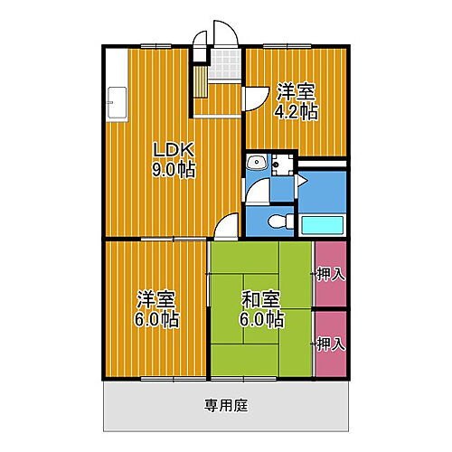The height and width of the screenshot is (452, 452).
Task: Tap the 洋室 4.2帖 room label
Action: (297, 101)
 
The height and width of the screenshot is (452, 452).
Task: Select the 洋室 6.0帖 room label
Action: (156, 309)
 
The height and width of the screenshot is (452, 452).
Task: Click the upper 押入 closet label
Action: (330, 272)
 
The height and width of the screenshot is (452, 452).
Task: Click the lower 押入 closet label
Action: (330, 344)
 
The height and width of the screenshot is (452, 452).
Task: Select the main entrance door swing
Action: (223, 34)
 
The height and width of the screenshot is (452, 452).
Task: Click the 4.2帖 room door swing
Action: (253, 98)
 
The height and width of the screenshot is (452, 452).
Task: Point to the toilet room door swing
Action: (259, 193)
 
